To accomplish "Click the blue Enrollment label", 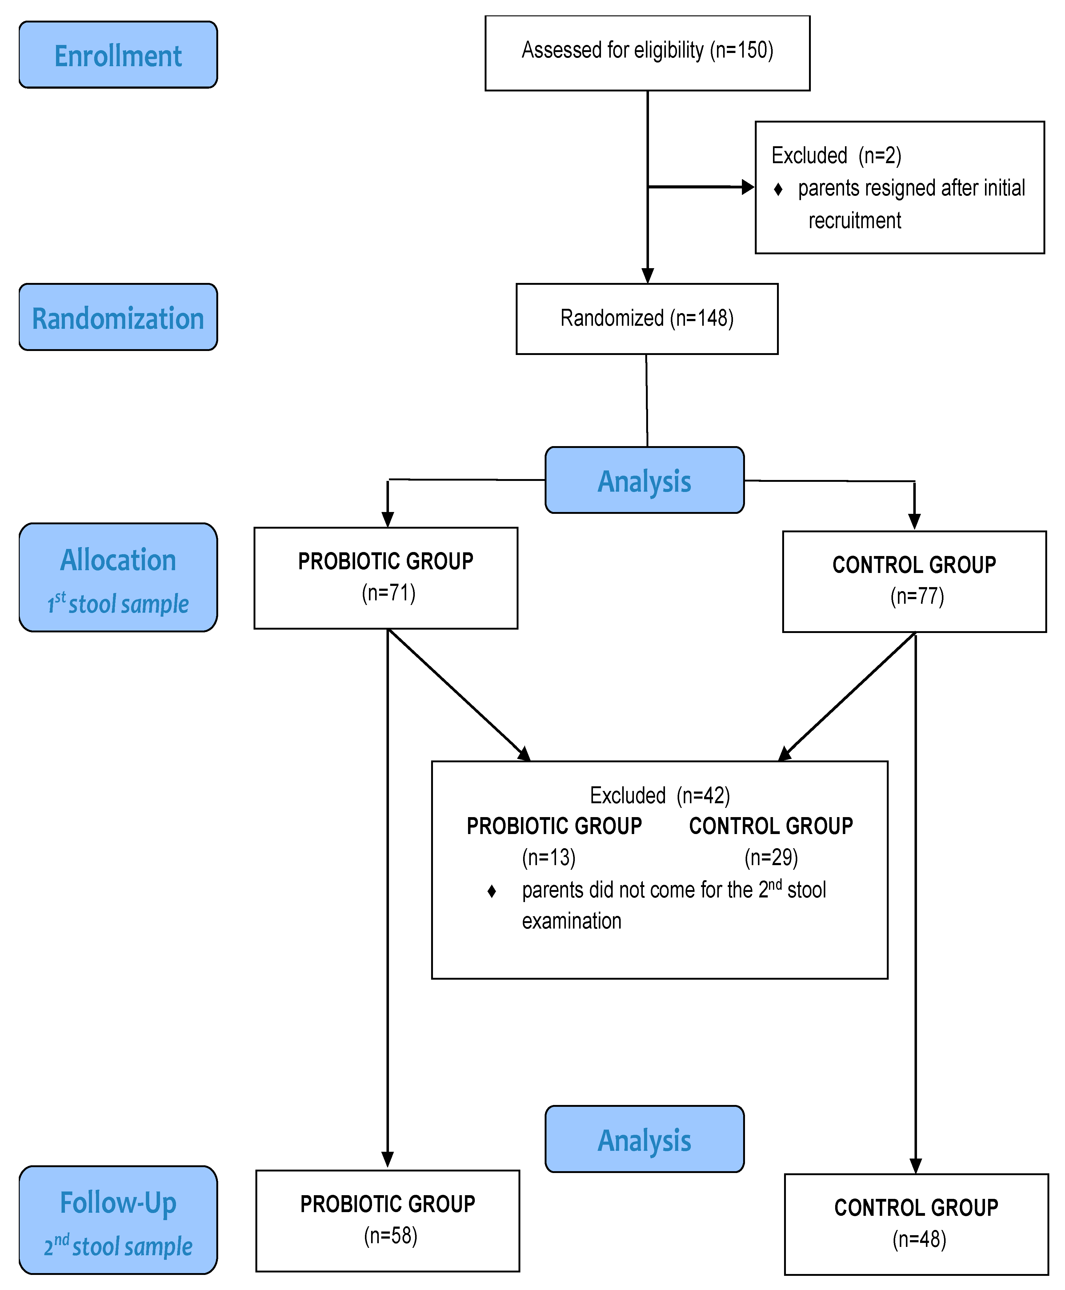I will (118, 55).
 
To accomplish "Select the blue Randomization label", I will (118, 318).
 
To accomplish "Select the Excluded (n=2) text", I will (836, 156).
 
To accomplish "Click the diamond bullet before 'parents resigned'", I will (778, 189).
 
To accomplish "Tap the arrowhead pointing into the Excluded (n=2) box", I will (747, 187).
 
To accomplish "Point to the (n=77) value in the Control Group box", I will (917, 597).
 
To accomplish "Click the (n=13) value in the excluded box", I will (548, 857).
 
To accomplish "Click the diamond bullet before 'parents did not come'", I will (491, 891).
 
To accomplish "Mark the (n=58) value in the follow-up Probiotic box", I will (390, 1236).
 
